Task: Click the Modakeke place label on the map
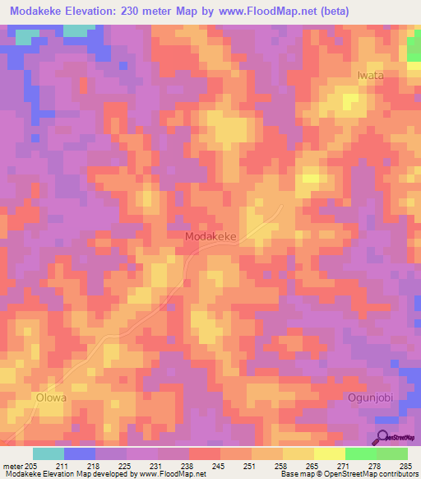210,236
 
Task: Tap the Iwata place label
370,75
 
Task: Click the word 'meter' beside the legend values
12,465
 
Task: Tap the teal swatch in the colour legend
49,453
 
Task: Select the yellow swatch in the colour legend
329,453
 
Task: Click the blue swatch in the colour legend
80,453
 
